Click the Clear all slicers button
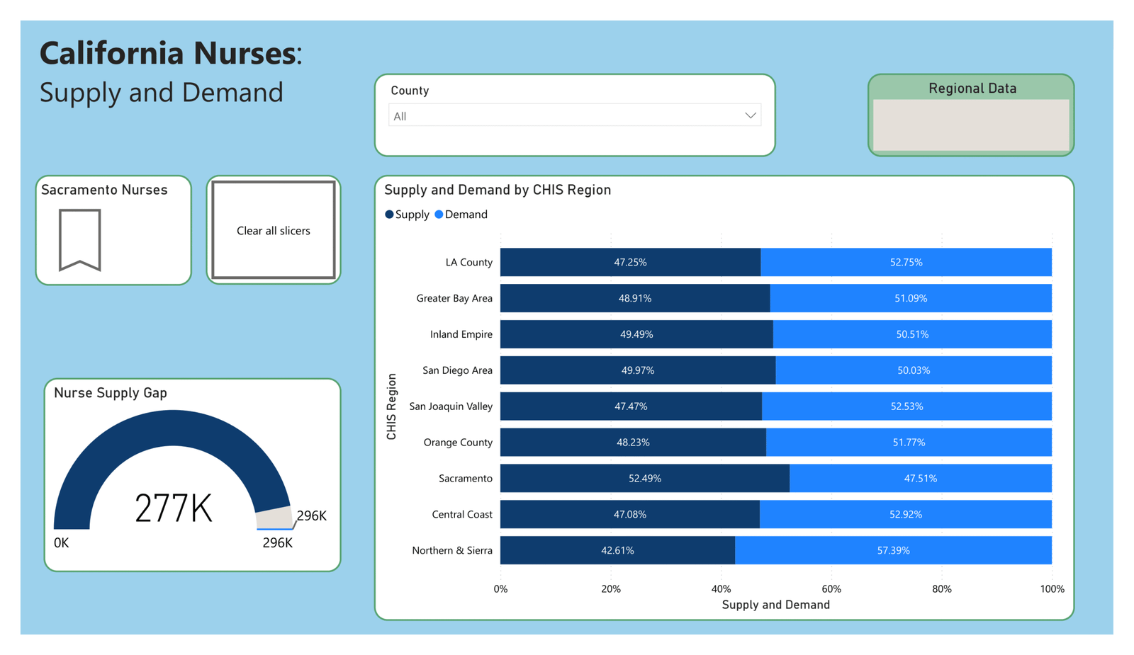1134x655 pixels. [273, 231]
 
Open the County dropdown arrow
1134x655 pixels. [750, 115]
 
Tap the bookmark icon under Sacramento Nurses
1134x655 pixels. [79, 239]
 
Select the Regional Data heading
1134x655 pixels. [972, 89]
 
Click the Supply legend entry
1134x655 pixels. [408, 215]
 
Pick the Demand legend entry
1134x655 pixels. [461, 215]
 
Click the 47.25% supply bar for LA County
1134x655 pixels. [630, 262]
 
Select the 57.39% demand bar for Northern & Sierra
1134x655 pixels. [893, 550]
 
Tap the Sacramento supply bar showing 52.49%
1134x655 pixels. [644, 478]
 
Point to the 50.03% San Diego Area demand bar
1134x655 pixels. [913, 370]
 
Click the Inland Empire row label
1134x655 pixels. [461, 334]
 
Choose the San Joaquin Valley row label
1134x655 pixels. [451, 406]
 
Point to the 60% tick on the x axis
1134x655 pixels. [831, 589]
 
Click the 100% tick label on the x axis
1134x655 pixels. [1052, 589]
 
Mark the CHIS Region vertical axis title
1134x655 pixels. [392, 406]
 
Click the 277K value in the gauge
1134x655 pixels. [174, 508]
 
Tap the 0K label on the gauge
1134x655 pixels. [62, 543]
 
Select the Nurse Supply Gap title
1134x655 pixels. [111, 393]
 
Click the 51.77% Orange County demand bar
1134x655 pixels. [909, 443]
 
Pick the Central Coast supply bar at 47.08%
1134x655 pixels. [629, 514]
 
